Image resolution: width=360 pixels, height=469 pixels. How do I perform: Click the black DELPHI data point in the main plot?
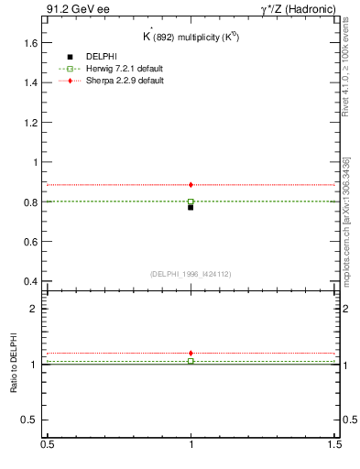[191, 207]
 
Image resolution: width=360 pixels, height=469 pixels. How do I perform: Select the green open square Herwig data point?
[191, 202]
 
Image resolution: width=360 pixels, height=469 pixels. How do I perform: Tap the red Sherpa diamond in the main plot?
[191, 185]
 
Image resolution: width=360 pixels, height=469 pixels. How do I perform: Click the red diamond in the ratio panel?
[191, 353]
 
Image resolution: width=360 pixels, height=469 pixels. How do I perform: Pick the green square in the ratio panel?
[191, 361]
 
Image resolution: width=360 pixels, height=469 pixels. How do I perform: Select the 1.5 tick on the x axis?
[335, 444]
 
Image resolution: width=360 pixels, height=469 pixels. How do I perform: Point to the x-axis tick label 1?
[191, 444]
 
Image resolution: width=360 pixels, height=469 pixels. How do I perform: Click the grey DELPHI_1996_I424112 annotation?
[191, 274]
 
